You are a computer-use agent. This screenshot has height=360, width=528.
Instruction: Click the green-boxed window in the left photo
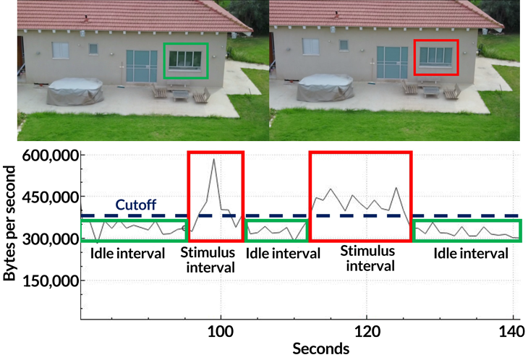[x=186, y=60]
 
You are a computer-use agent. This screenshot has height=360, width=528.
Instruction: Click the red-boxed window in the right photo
[x=436, y=57]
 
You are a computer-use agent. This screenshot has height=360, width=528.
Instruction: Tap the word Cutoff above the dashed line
[x=135, y=205]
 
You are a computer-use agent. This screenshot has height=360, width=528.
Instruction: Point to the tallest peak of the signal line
[x=213, y=159]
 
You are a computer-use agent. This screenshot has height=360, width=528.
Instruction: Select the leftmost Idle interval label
[x=127, y=254]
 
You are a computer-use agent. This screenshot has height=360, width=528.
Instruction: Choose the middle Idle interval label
[x=283, y=254]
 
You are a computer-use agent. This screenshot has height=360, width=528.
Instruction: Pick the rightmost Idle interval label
[x=470, y=254]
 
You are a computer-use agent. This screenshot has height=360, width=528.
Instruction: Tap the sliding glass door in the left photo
[x=141, y=68]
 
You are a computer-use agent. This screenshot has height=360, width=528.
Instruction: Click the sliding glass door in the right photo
[x=392, y=66]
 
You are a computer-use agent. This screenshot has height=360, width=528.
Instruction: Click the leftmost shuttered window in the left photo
[x=60, y=51]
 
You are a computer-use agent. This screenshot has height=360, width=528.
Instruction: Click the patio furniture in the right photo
[x=433, y=89]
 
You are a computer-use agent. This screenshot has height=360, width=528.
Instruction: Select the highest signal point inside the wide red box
[x=396, y=188]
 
